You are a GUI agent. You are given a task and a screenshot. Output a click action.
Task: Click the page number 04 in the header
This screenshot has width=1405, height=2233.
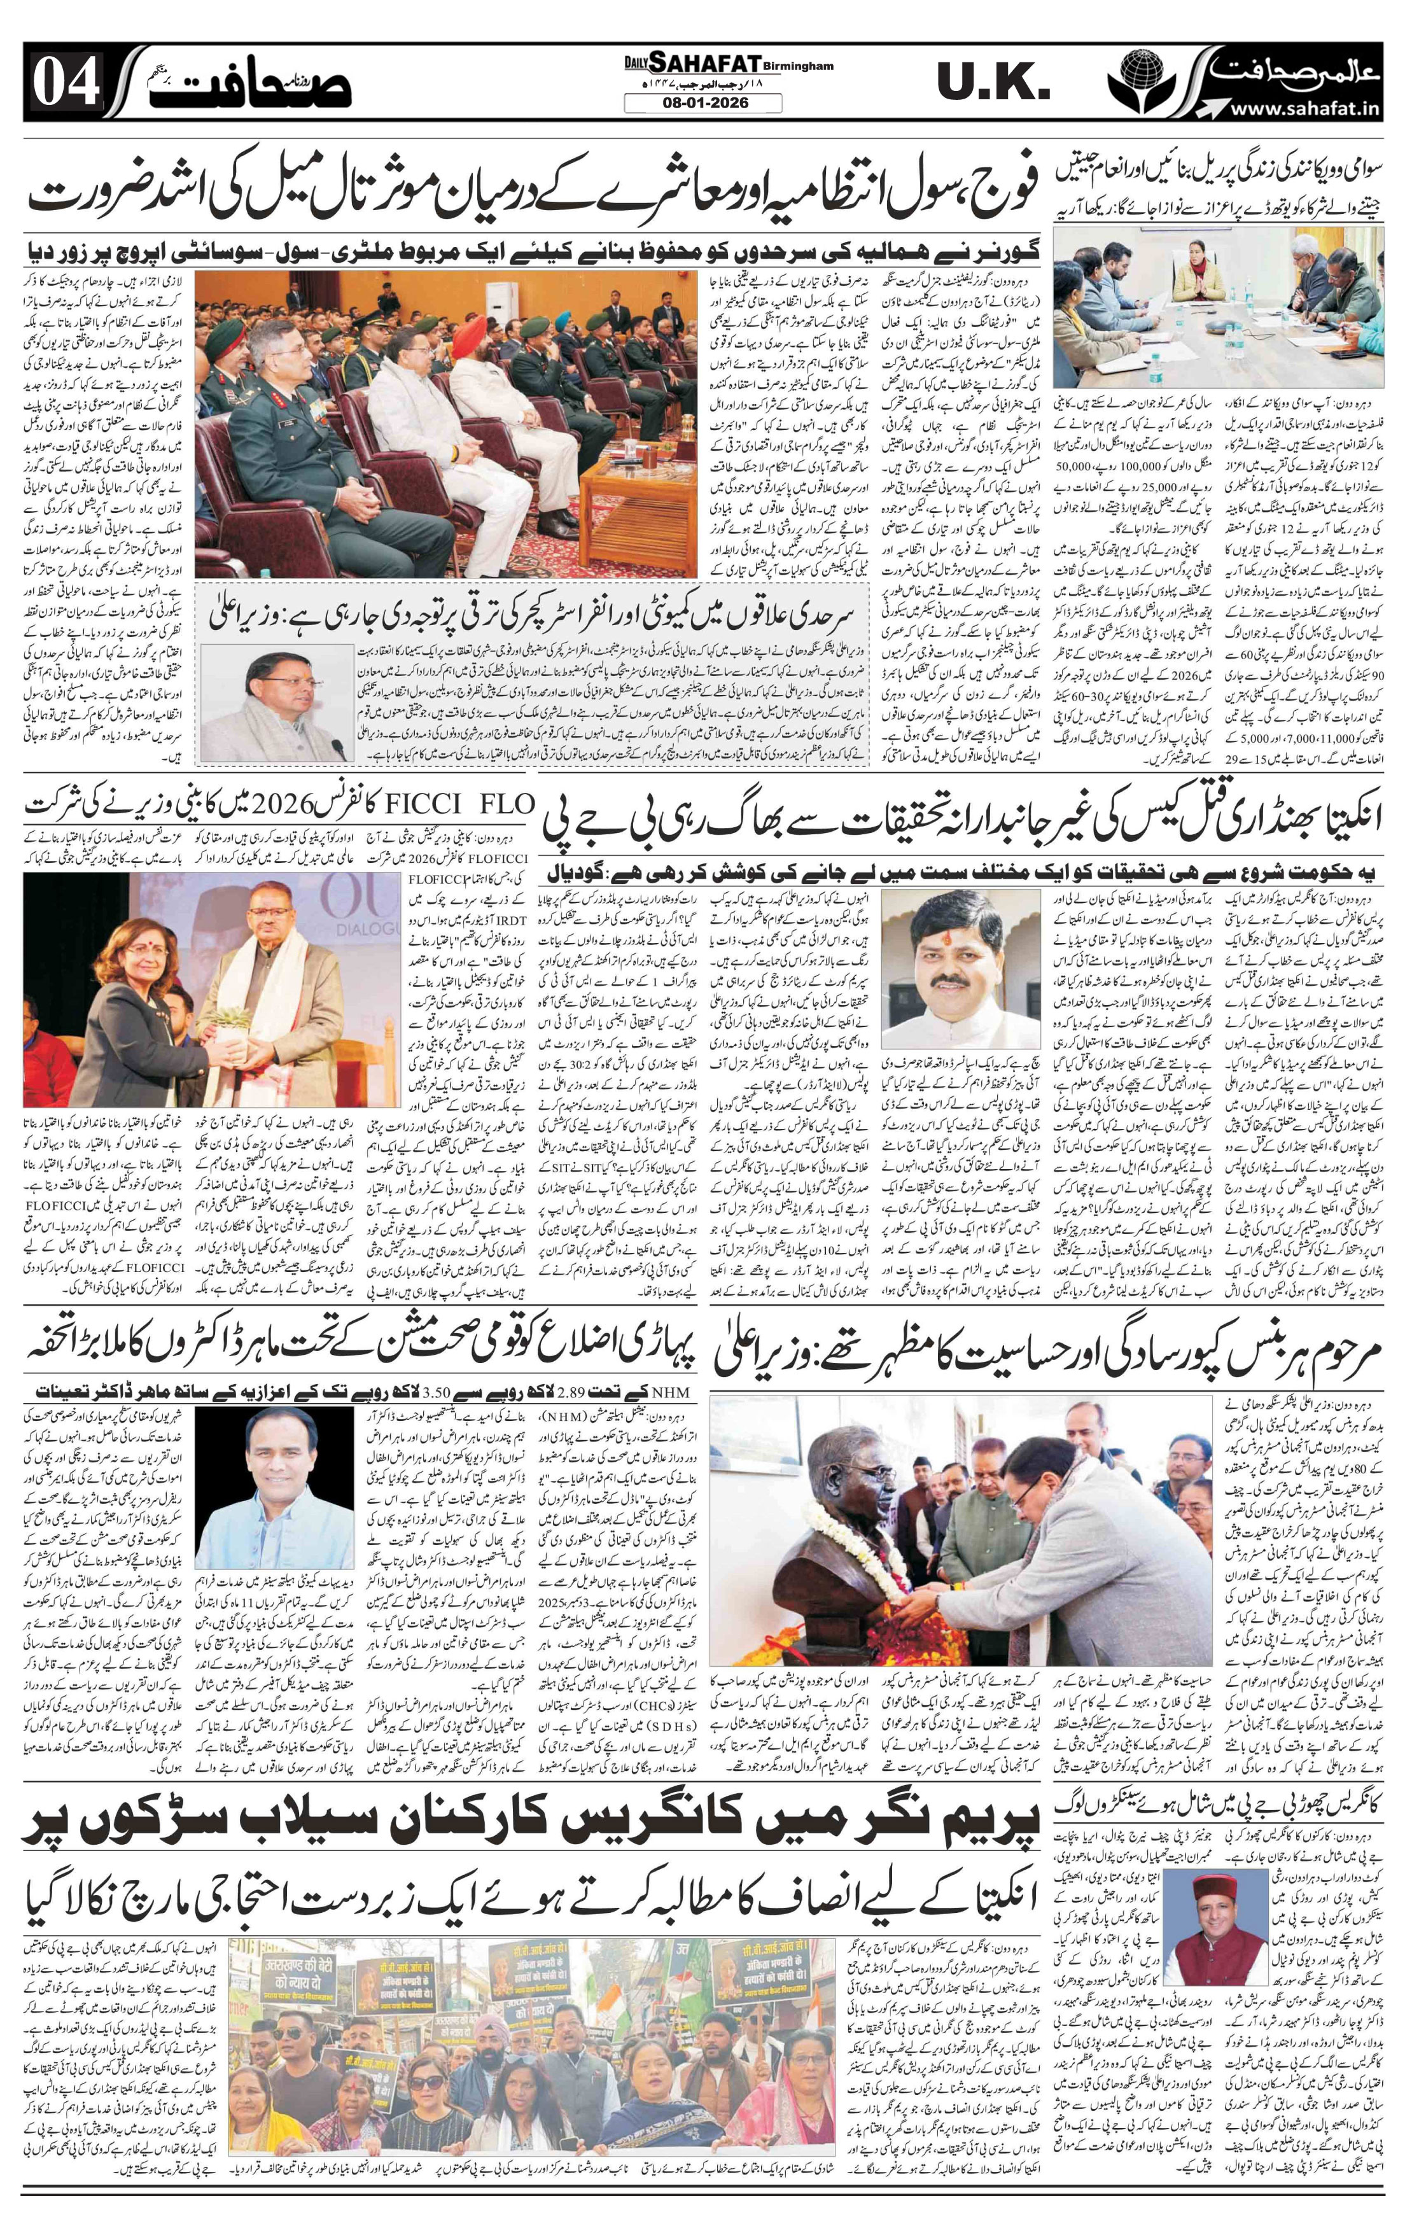pos(67,87)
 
